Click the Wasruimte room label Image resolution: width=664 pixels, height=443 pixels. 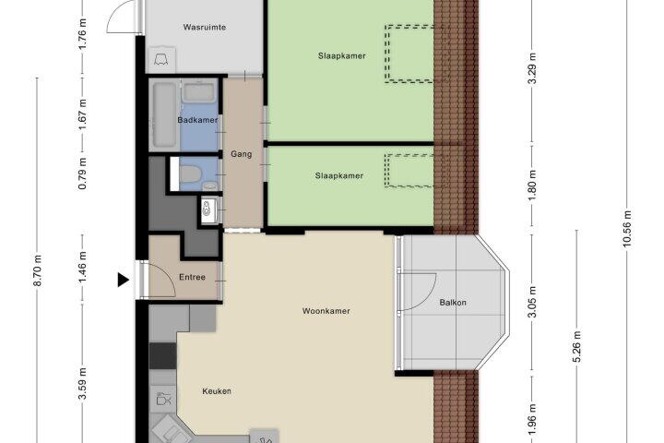tap(204, 27)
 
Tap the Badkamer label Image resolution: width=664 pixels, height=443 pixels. tap(197, 120)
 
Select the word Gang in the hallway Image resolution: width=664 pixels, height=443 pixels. tap(242, 154)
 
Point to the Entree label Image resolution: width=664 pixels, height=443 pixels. tap(192, 277)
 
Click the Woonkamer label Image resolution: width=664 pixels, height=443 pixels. tap(326, 311)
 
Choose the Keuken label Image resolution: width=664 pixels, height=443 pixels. tap(217, 391)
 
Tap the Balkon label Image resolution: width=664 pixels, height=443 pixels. tap(453, 303)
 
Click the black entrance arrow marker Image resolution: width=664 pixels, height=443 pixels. tap(123, 280)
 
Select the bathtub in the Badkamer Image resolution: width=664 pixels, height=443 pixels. tap(164, 114)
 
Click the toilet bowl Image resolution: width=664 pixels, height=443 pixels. tap(190, 174)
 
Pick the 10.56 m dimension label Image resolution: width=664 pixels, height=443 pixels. tap(627, 228)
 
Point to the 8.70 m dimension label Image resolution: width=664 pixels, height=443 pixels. tap(37, 270)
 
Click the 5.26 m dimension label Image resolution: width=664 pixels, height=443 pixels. tap(576, 346)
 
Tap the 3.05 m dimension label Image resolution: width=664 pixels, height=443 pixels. tap(532, 302)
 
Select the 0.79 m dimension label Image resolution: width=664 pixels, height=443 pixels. tap(83, 174)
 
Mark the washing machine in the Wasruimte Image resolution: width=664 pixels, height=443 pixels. tap(160, 59)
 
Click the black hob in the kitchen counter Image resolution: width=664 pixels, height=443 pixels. tap(162, 356)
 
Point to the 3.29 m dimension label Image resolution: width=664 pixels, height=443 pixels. tap(532, 68)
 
